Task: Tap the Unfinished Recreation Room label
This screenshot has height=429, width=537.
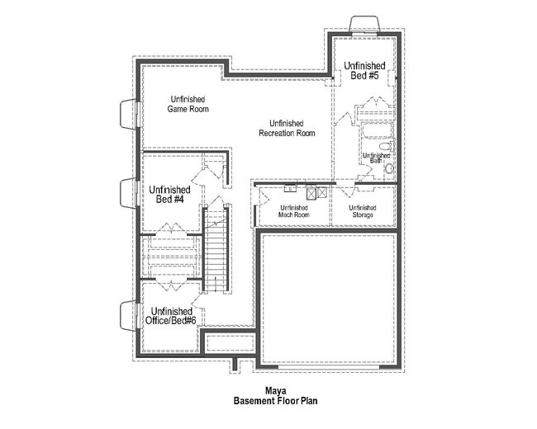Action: (x=287, y=128)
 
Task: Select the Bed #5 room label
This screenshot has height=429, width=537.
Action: (x=364, y=70)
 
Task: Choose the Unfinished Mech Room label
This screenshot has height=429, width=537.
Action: (x=293, y=211)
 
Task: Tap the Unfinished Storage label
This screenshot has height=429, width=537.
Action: (x=363, y=211)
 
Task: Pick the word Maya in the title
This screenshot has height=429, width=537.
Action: (x=275, y=391)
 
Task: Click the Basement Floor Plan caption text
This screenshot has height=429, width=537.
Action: (x=275, y=402)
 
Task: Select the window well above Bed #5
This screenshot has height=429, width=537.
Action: (x=364, y=23)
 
